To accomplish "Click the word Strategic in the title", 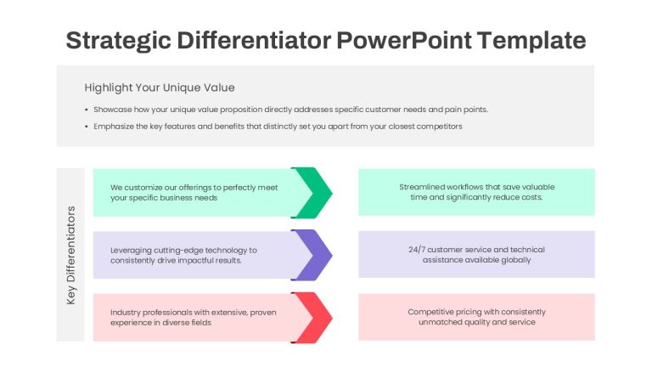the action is tap(119, 41).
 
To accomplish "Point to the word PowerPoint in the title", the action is tap(403, 41).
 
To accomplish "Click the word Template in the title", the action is tap(531, 41).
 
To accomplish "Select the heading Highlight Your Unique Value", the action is tap(160, 88).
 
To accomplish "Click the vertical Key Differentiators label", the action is tap(71, 255).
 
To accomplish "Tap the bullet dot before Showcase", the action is tap(87, 110).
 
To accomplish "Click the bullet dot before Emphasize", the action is tap(87, 127).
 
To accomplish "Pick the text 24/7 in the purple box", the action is tap(417, 250).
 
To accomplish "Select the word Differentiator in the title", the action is tap(254, 41).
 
